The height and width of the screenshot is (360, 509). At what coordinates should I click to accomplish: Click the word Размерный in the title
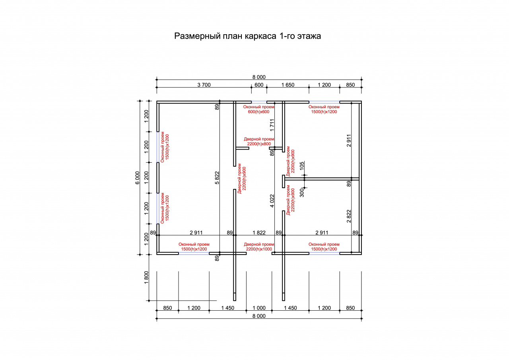tap(197, 36)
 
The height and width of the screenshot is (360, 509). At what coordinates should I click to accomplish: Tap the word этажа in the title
tap(309, 36)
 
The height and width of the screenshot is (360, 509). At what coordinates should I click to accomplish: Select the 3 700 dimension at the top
tap(204, 85)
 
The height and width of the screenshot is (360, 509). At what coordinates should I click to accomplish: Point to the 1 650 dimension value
tap(288, 85)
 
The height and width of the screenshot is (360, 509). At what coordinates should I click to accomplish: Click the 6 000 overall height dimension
tap(138, 178)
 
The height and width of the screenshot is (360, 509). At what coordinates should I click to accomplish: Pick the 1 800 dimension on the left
tap(146, 277)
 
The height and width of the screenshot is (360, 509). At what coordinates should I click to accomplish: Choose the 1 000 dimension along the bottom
tap(259, 308)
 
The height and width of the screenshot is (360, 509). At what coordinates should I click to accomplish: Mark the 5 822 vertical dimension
tap(217, 178)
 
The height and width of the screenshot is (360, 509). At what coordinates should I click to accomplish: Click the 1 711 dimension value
tap(272, 125)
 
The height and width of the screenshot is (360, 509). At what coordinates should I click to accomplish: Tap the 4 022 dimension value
tap(272, 201)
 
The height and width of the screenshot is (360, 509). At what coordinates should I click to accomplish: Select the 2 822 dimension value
tap(349, 216)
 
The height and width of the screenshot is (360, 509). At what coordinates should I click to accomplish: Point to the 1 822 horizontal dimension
tap(259, 232)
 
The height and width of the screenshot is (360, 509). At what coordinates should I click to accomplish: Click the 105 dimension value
tap(302, 166)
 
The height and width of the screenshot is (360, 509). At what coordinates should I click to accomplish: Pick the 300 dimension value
tap(302, 193)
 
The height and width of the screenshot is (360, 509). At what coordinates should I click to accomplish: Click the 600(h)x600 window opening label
tap(258, 112)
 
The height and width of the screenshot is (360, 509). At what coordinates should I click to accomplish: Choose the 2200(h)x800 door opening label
tap(259, 144)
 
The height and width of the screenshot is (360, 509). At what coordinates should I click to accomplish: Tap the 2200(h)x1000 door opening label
tap(259, 249)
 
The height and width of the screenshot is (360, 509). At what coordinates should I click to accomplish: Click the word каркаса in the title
tap(260, 36)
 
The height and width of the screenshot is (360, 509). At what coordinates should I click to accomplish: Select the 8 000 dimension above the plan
tap(259, 77)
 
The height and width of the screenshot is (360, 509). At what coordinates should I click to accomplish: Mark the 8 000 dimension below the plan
tap(259, 316)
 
